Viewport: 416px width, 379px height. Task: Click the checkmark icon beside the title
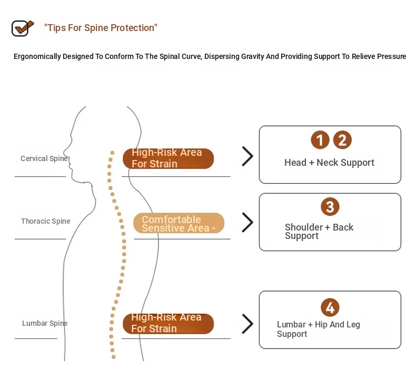tap(23, 28)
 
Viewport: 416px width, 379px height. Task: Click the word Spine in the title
tap(96, 28)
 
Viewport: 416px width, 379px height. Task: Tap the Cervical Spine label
tap(44, 158)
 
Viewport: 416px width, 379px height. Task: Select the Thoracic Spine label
tap(46, 221)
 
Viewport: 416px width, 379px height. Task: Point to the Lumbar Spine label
tap(45, 323)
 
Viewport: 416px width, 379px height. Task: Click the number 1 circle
tap(320, 140)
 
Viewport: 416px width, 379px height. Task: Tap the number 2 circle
tap(342, 140)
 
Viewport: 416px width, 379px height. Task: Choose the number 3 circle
tap(330, 206)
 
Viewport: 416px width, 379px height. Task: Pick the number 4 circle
tap(330, 307)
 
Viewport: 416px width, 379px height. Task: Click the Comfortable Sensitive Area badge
tap(179, 223)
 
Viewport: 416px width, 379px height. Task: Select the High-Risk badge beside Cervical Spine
tap(168, 158)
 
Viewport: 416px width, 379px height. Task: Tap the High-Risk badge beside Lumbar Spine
tap(168, 324)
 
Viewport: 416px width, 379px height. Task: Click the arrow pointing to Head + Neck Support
tap(247, 156)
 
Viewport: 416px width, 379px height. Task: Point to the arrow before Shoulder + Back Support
tap(247, 222)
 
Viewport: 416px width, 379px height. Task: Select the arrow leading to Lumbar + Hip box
tap(247, 324)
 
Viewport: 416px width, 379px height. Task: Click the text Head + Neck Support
tap(329, 163)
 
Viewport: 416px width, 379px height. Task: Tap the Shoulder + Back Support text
tap(319, 232)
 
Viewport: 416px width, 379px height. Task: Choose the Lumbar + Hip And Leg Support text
tap(319, 329)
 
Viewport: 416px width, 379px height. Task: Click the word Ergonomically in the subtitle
tap(37, 56)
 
